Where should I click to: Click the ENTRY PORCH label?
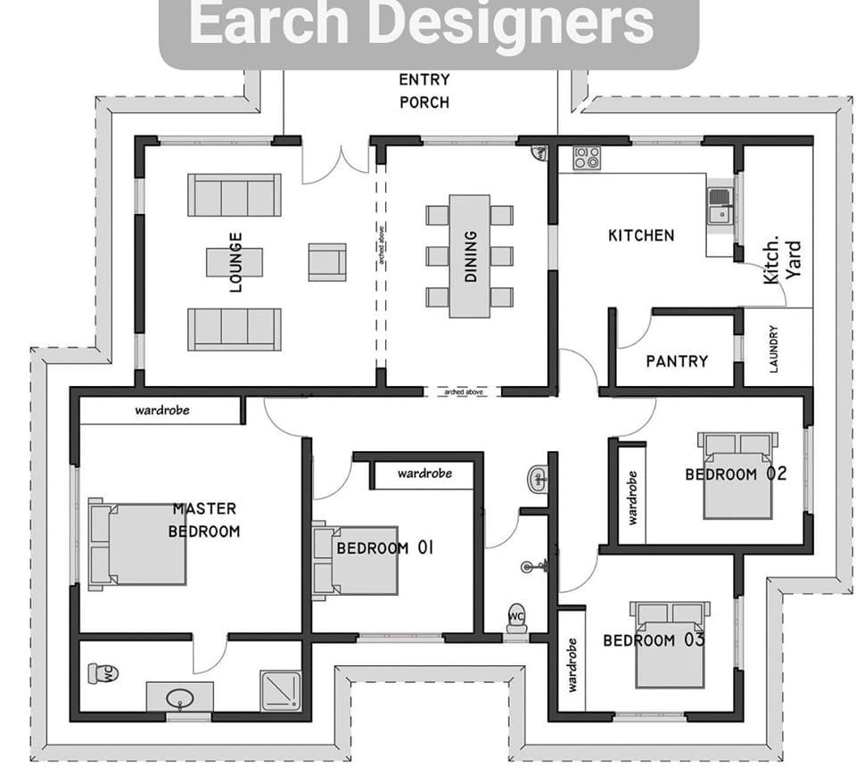424,91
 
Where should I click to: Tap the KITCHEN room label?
641,235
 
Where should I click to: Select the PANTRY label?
677,361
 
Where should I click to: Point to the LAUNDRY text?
773,349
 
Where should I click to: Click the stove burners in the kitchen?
587,158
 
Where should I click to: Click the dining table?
469,256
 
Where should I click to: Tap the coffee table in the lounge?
235,262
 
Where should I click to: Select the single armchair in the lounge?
327,262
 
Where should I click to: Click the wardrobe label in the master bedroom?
161,411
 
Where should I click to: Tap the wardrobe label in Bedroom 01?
424,473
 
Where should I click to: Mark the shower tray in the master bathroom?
281,690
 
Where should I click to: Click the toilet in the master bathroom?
103,673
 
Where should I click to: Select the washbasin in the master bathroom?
179,696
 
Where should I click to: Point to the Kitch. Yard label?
783,261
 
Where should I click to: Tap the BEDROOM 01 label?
384,548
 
